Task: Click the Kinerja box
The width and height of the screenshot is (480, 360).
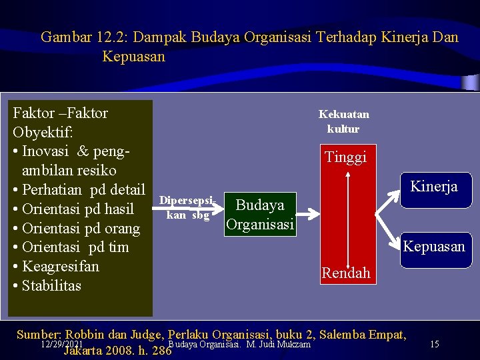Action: [x=434, y=187]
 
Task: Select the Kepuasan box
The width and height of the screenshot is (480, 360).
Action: [x=434, y=247]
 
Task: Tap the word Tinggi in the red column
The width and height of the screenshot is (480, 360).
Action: [x=345, y=157]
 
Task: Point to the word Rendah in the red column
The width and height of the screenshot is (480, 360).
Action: [x=345, y=273]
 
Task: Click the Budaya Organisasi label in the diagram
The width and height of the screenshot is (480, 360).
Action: [x=260, y=215]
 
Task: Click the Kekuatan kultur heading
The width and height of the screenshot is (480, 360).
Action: [x=343, y=121]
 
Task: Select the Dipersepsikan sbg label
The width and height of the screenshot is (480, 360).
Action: [x=187, y=208]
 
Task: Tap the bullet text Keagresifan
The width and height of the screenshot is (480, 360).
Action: [x=60, y=267]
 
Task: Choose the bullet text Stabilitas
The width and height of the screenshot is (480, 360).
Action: [x=51, y=286]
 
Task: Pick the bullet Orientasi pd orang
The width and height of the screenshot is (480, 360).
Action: [x=81, y=229]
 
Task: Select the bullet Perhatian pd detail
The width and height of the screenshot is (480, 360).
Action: [x=83, y=189]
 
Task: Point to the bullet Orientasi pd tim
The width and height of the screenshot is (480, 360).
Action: [x=75, y=247]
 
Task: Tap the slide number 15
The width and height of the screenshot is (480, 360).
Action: [x=435, y=345]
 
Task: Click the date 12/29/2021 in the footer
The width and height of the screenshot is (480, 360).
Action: [x=61, y=344]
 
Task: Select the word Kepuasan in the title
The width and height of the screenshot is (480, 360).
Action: [x=133, y=57]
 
